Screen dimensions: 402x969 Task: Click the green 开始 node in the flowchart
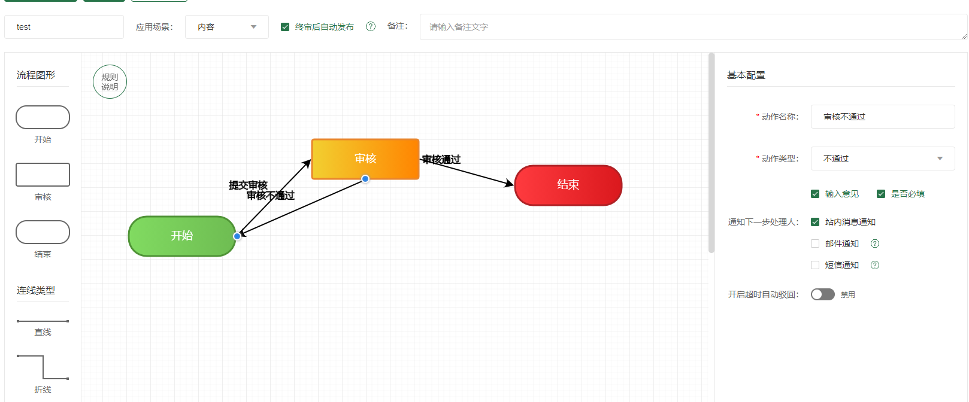182,236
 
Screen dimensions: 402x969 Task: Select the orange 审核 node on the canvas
365,159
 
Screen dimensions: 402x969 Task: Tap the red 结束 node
568,185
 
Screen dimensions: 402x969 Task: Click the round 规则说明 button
110,82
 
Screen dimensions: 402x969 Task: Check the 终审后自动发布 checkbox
285,27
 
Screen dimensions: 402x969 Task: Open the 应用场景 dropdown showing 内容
226,27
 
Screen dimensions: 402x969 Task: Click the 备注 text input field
692,27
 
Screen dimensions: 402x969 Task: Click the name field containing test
64,27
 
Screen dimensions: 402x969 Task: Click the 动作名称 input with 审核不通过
882,117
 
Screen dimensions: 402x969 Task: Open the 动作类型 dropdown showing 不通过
882,159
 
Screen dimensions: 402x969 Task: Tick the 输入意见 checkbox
815,194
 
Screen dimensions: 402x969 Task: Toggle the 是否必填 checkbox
881,194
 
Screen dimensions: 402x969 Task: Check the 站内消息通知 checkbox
815,222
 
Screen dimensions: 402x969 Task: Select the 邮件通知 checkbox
815,243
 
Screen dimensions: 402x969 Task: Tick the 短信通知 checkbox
815,265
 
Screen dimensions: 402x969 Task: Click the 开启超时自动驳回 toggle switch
822,294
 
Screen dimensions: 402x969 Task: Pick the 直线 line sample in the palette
43,321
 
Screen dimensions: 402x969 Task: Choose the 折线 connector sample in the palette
43,367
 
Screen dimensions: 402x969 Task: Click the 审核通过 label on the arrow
441,159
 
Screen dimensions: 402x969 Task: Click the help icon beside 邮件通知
875,243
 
